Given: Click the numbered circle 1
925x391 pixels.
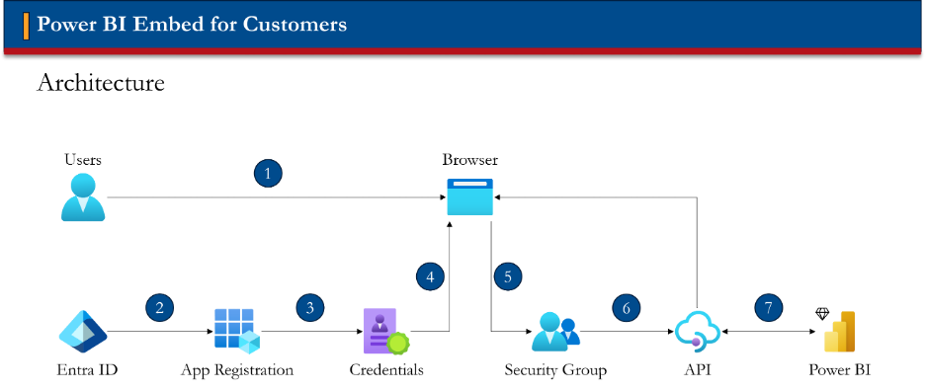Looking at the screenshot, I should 268,174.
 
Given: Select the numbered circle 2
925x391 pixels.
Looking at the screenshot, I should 159,307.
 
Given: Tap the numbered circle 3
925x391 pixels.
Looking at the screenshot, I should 310,307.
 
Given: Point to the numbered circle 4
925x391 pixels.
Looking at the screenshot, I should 430,276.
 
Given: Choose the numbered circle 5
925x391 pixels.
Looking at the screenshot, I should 508,276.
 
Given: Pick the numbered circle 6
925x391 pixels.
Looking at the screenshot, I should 627,308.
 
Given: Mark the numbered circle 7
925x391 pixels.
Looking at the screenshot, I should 769,307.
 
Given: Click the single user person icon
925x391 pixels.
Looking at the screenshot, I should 83,197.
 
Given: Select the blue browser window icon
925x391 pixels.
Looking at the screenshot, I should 470,197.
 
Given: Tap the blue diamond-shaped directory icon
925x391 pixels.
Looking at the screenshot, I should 83,332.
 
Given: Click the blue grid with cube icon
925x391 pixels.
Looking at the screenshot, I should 236,331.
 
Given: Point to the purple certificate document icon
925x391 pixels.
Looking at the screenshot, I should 381,331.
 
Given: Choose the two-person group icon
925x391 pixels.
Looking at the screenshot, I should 555,332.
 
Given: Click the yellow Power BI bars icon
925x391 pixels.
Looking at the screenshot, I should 839,332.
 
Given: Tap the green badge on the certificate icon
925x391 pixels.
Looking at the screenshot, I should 398,344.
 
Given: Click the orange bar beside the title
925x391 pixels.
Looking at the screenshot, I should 26,25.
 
